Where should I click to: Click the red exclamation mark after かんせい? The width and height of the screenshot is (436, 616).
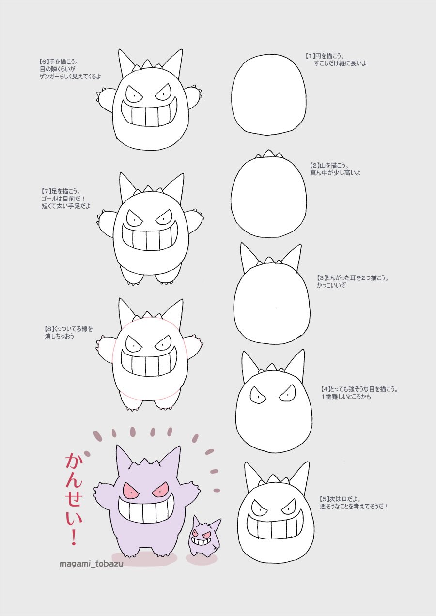(74, 538)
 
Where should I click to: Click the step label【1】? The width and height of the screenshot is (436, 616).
(311, 56)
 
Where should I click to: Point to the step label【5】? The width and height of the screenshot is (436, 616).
(325, 499)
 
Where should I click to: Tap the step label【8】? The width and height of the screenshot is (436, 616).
(49, 329)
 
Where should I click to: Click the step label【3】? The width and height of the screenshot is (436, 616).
(322, 278)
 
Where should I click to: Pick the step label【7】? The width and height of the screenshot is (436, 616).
(46, 191)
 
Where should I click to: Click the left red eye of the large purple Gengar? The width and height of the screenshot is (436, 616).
(131, 490)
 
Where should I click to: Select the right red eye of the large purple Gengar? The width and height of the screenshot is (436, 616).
(160, 489)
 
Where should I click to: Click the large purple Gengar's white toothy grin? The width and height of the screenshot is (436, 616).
(147, 508)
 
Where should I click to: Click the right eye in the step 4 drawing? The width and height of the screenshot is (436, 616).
(288, 394)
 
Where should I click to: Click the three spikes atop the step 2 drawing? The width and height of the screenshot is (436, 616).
(269, 154)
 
